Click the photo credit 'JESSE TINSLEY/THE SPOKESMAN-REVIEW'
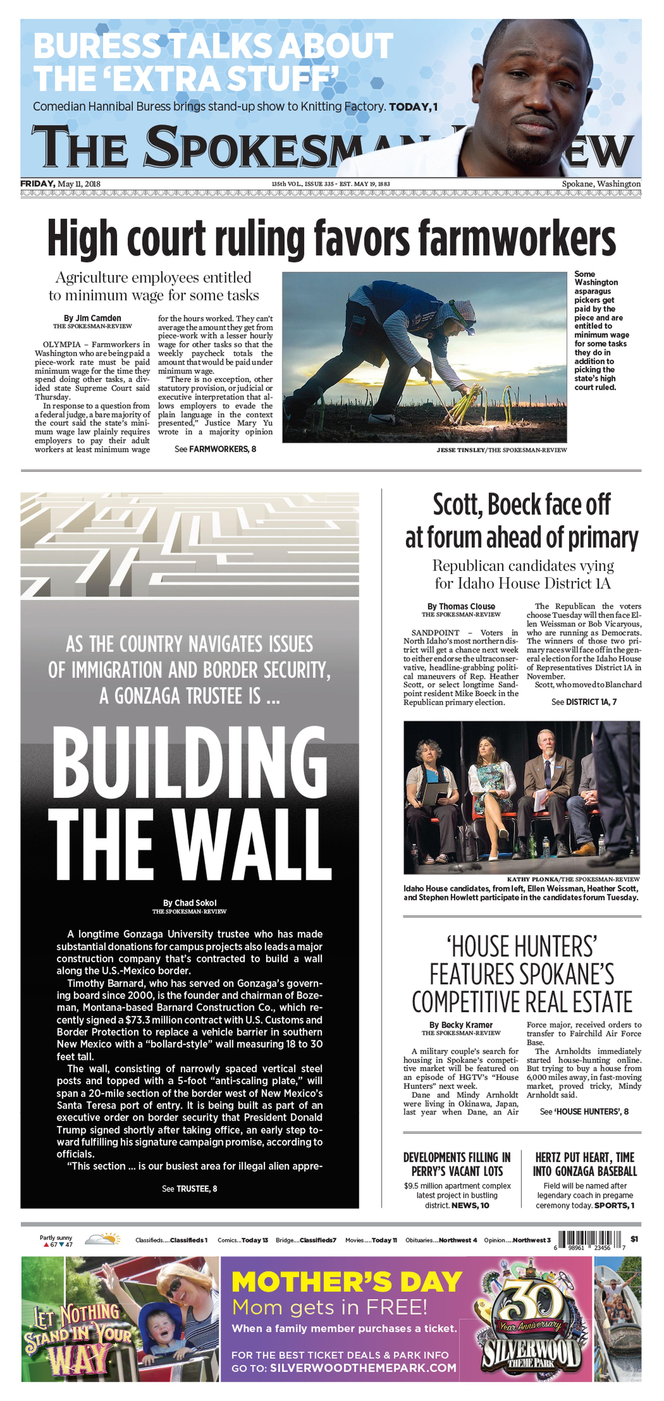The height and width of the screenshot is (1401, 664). coord(501,450)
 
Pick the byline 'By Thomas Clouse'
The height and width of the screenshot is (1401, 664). coord(461,606)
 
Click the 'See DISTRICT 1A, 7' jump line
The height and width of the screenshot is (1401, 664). coord(584,702)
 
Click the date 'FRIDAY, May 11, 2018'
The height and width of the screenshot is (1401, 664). coord(60,184)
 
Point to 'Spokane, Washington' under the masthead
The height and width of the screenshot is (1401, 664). coord(601,184)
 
